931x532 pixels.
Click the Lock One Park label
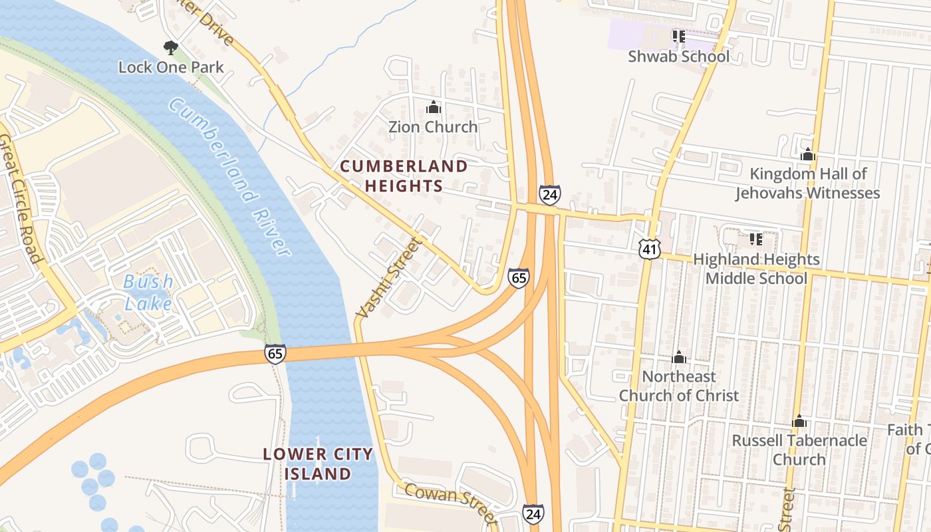171,67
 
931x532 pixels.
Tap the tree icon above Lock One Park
171,47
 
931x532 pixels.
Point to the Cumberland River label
229,176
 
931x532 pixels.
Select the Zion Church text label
433,126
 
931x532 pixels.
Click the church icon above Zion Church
434,106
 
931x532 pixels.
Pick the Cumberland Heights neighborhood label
404,176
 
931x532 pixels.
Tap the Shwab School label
678,57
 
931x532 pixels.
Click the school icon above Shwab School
678,37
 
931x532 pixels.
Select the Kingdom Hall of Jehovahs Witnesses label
808,184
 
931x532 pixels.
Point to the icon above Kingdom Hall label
808,155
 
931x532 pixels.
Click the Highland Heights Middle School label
756,269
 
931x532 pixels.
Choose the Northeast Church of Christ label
678,386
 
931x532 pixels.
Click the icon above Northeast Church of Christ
679,358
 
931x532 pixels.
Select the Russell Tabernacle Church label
799,450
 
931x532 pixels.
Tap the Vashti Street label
389,278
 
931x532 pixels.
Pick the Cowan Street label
450,502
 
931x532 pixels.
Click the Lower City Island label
318,464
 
